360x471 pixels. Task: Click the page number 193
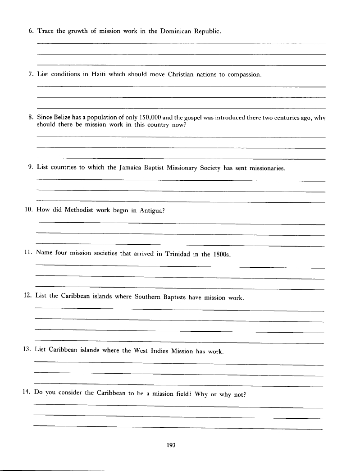[171, 445]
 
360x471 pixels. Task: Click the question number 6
[31, 31]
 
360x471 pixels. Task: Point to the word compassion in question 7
[244, 74]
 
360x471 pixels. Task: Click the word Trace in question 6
[46, 31]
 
